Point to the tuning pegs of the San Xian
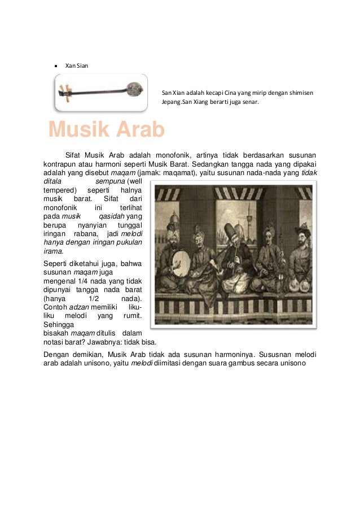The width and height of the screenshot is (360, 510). point(67,91)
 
